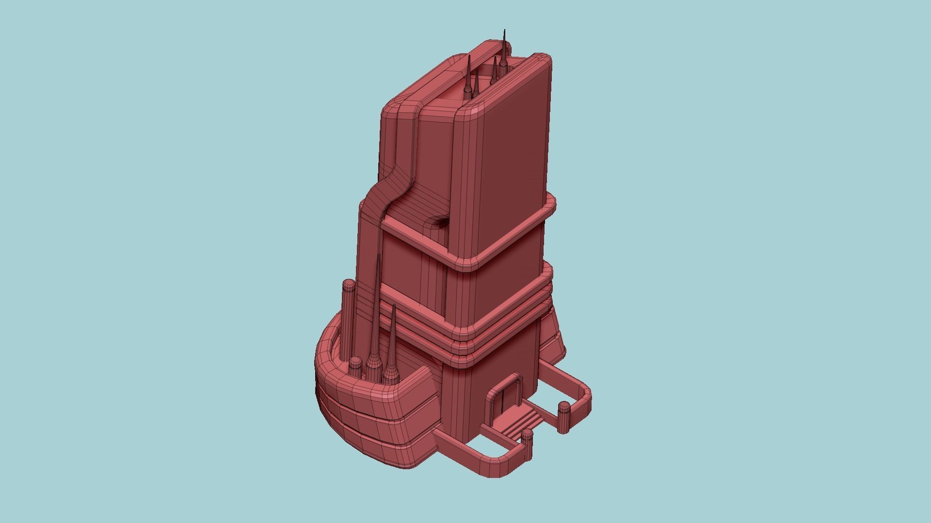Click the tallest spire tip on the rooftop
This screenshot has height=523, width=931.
[x=505, y=32]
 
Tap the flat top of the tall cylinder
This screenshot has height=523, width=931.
[x=349, y=285]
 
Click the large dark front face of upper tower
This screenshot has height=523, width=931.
[x=514, y=160]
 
